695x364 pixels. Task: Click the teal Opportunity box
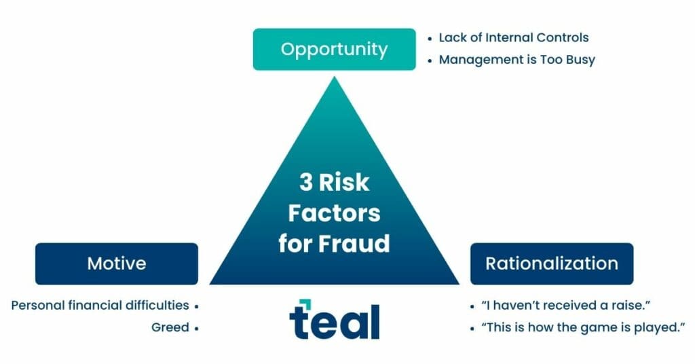[x=334, y=49]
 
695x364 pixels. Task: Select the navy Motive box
[x=117, y=263]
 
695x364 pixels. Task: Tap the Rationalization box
[x=551, y=263]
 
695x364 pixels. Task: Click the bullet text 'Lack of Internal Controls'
[x=513, y=38]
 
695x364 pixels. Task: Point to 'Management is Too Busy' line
[x=516, y=60]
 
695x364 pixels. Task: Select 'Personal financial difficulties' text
[x=100, y=306]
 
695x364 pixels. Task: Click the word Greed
[x=170, y=327]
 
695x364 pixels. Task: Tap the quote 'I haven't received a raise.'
[x=556, y=306]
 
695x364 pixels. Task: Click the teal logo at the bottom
[x=335, y=320]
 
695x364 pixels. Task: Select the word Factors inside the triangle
[x=334, y=213]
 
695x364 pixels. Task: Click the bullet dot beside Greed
[x=196, y=328]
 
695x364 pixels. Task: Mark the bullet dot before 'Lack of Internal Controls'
[x=430, y=39]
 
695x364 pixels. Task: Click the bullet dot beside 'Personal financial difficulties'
[x=196, y=306]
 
